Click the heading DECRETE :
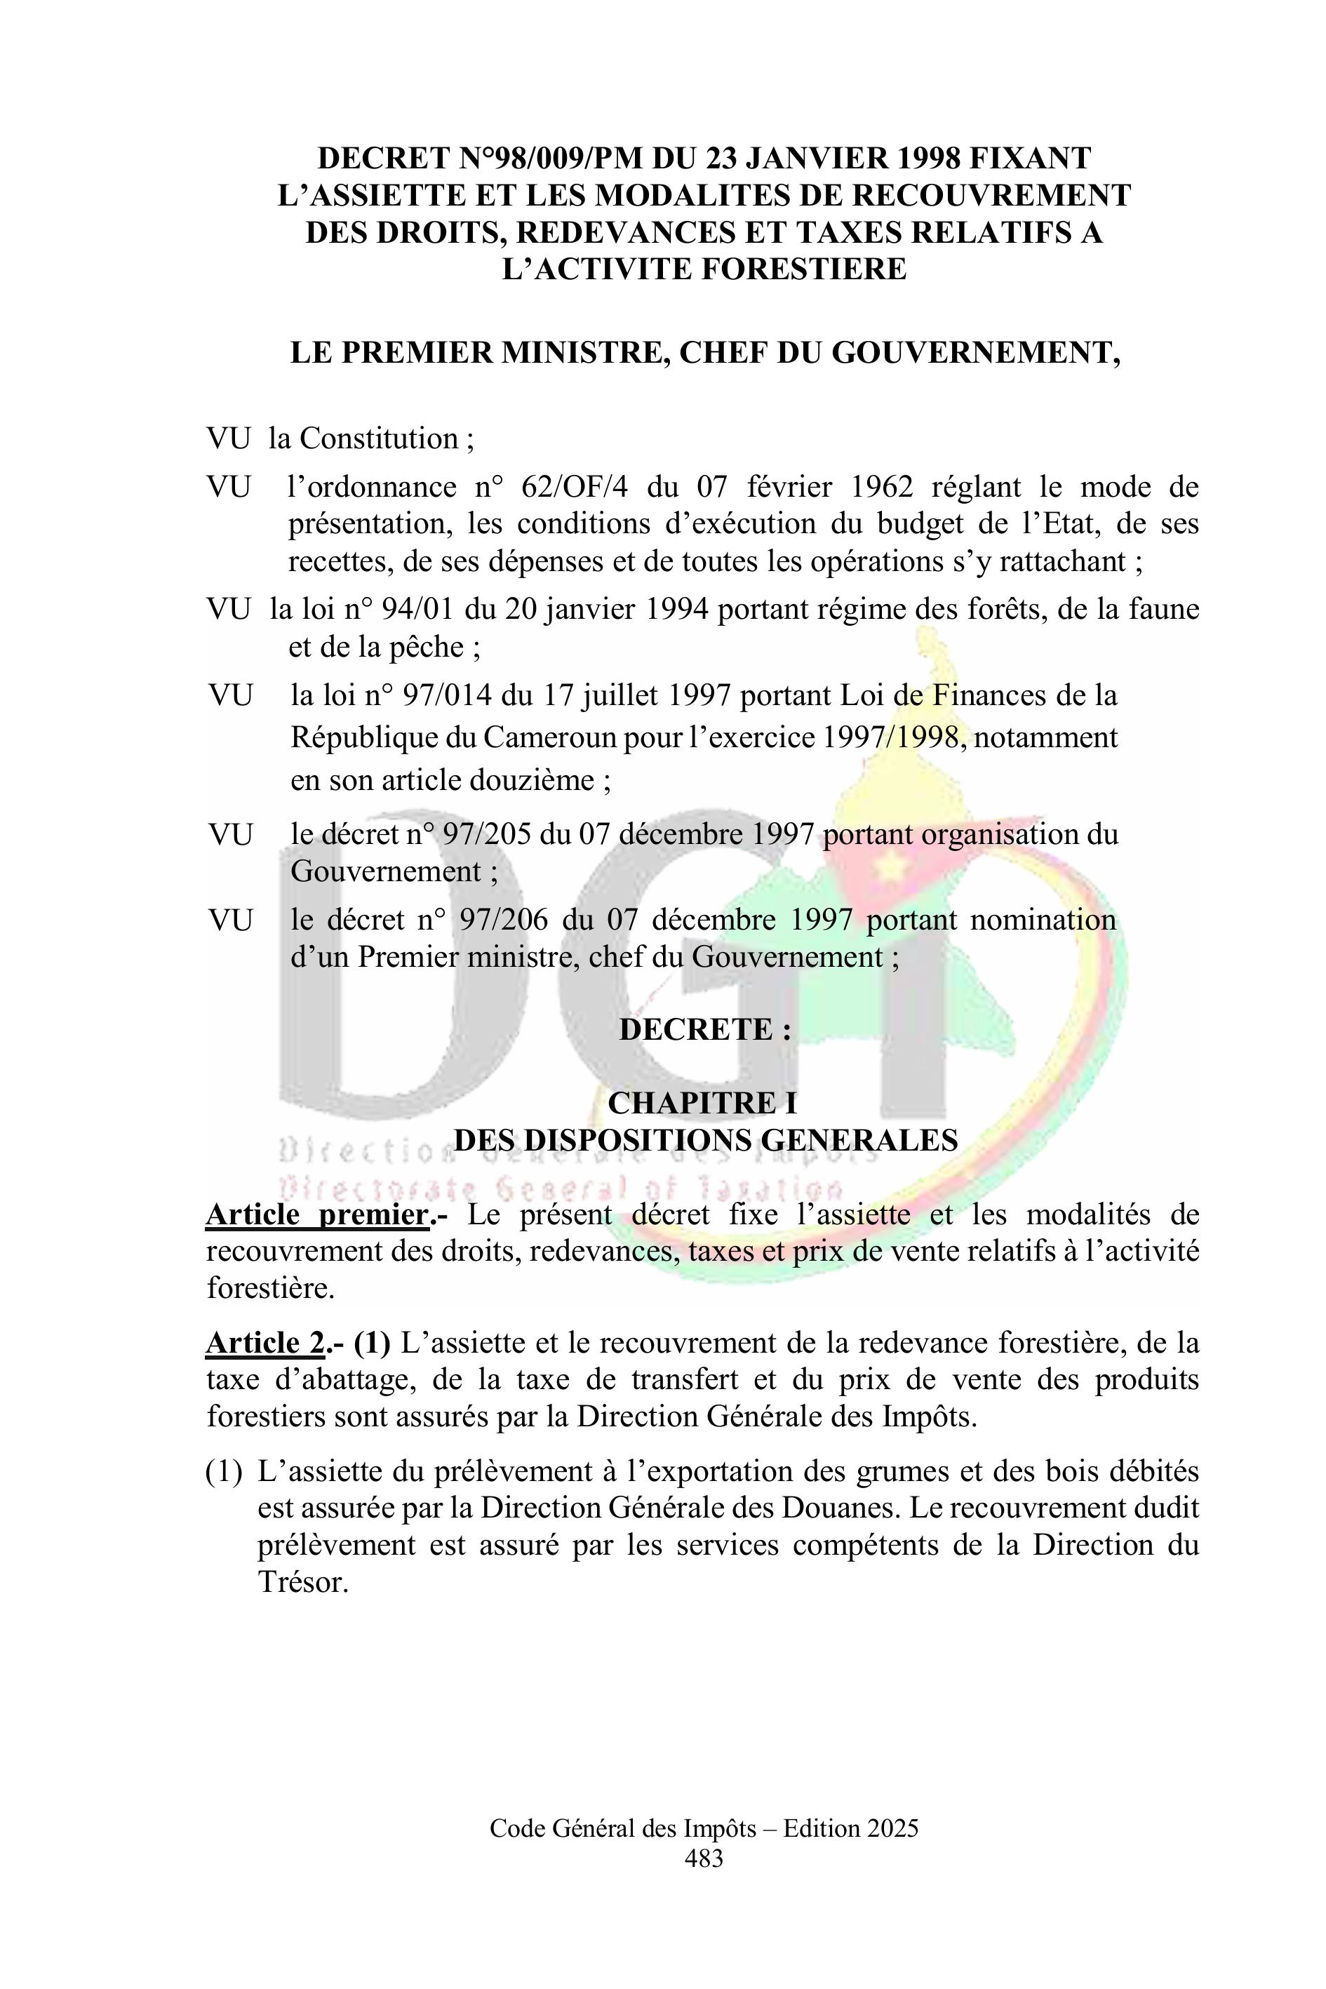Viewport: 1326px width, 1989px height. (705, 1029)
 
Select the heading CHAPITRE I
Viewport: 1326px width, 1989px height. (702, 1103)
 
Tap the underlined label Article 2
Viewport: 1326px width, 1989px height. (264, 1343)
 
